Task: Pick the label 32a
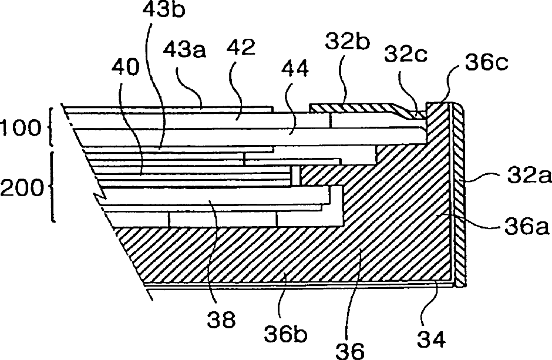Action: (x=525, y=175)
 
